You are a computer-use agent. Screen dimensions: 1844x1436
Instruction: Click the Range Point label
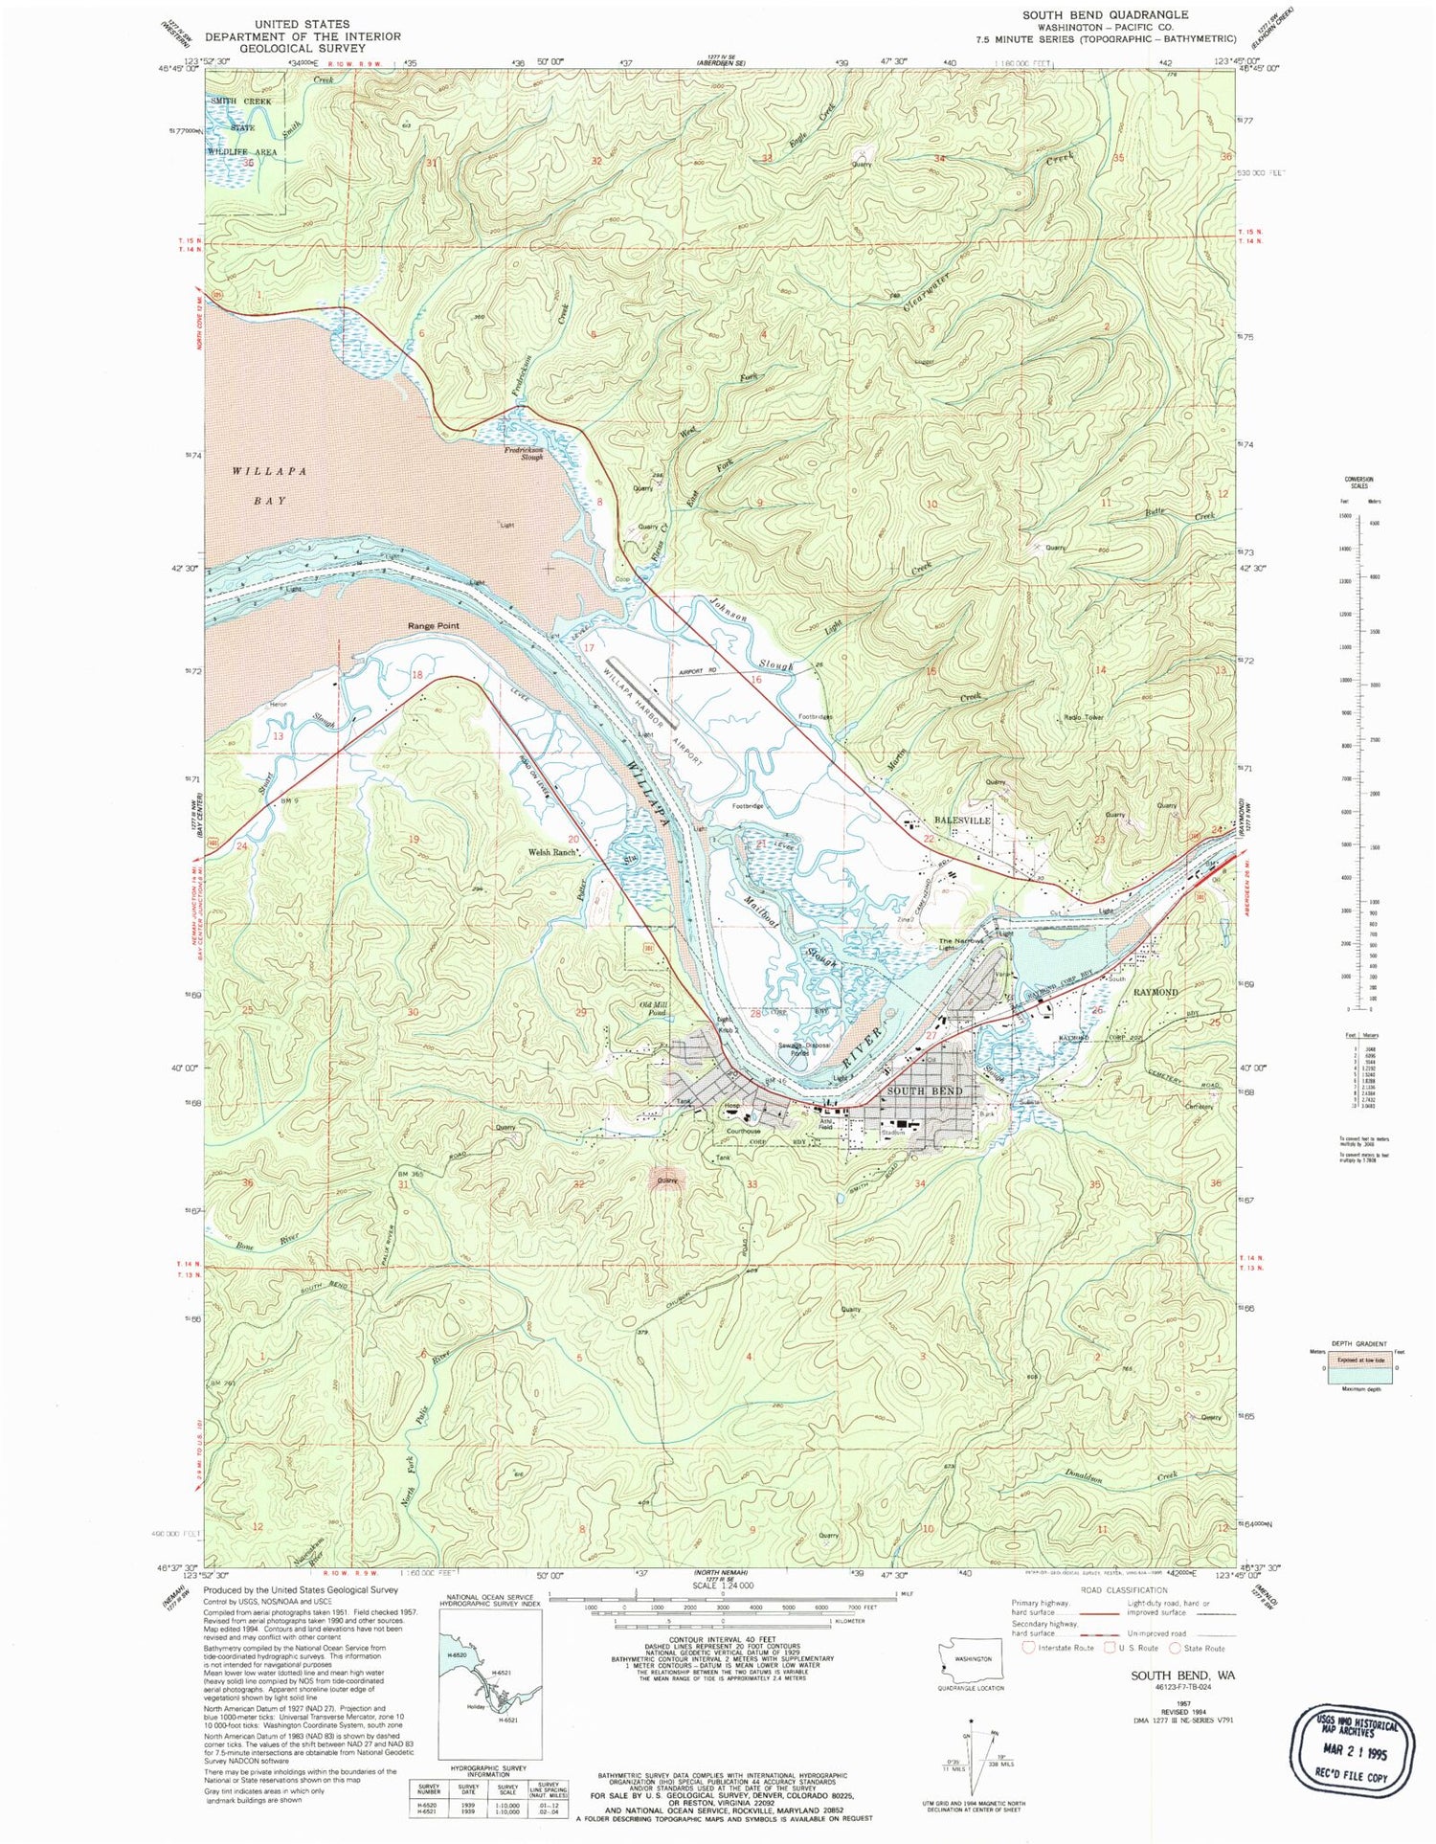(x=434, y=625)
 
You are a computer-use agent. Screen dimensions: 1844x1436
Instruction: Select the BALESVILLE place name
(x=962, y=821)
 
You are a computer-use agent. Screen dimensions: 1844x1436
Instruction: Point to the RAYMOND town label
(x=1156, y=992)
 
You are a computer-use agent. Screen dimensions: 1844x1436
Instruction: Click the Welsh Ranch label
(x=552, y=851)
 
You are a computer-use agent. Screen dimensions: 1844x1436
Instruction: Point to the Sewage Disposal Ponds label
(x=802, y=1048)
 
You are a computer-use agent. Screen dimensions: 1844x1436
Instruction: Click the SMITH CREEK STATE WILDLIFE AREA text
(x=243, y=126)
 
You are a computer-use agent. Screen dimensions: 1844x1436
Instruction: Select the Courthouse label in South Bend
(x=743, y=1131)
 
